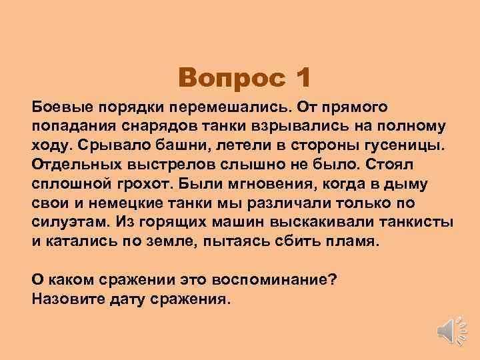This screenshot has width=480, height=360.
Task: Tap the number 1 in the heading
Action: tap(301, 79)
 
